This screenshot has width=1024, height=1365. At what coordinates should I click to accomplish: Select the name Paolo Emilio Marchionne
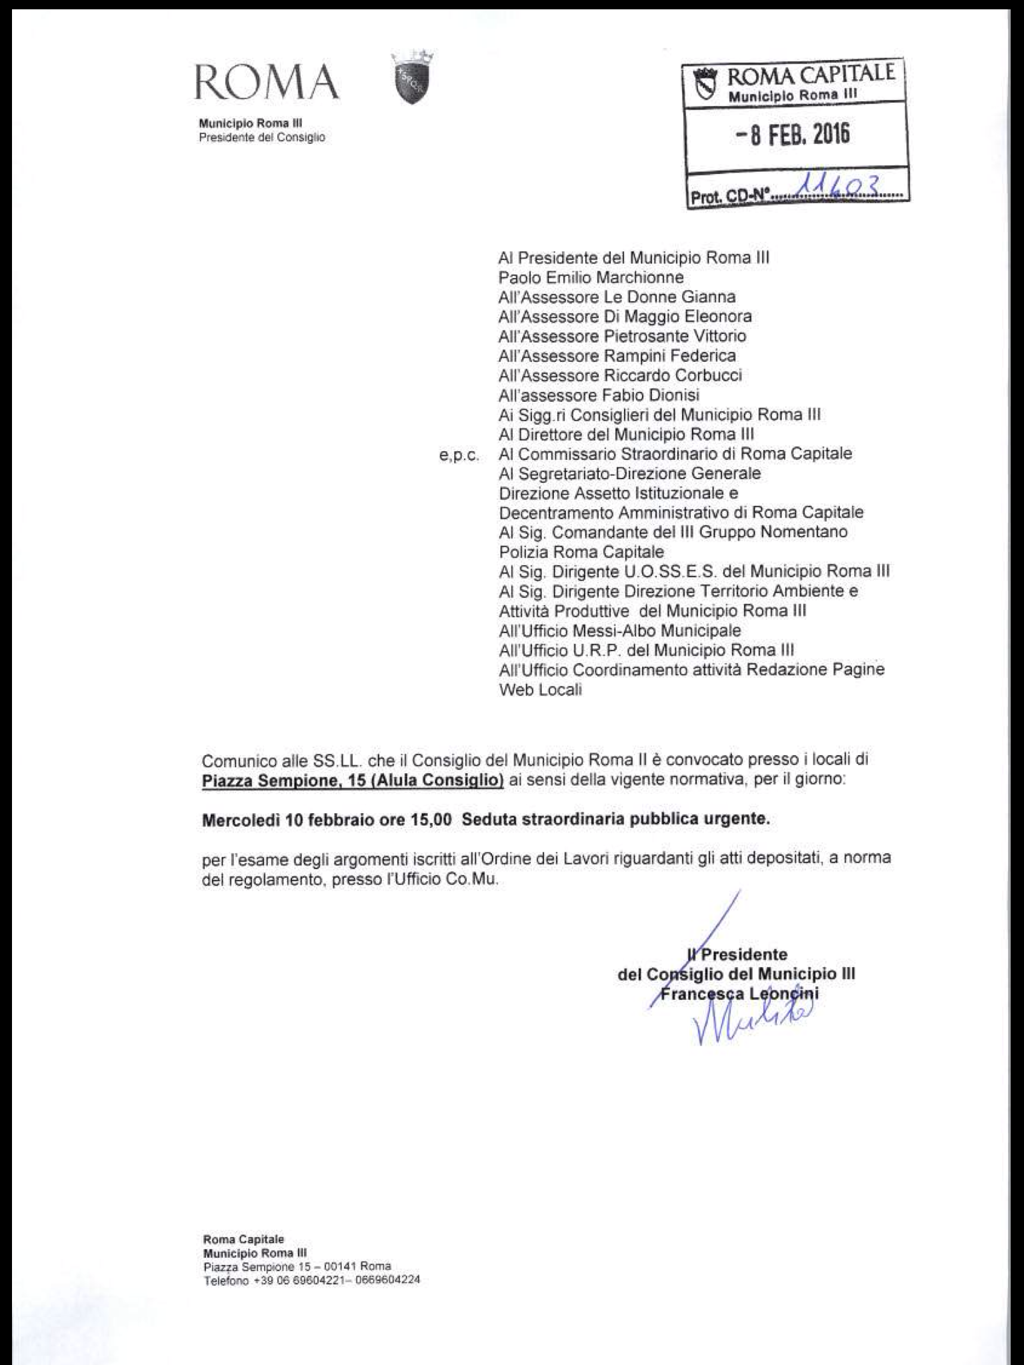[x=591, y=277]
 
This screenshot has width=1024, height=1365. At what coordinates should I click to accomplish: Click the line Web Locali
[x=540, y=690]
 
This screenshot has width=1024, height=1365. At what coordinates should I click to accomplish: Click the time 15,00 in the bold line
[x=425, y=820]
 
